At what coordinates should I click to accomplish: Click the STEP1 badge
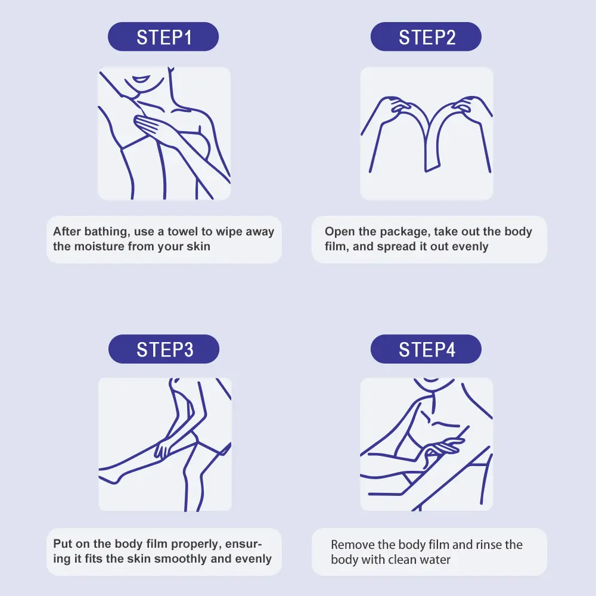[x=163, y=36]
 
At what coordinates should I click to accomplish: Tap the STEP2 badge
[x=426, y=36]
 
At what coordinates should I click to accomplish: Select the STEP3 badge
[x=164, y=349]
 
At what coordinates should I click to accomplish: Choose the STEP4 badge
[x=426, y=349]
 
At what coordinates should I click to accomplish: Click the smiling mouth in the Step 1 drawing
[x=141, y=79]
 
